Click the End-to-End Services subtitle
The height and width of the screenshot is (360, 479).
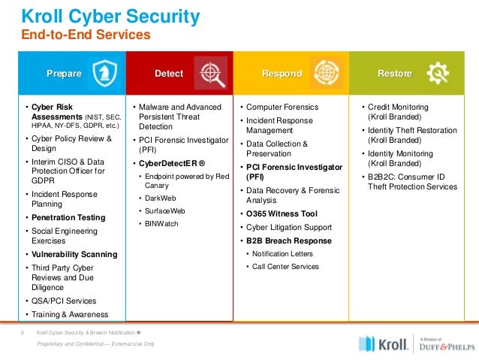pos(86,35)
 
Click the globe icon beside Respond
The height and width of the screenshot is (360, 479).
pos(327,73)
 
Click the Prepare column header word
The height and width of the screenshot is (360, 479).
pos(65,74)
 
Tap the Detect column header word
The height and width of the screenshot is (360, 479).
pos(169,74)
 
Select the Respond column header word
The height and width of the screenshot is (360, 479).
pos(282,74)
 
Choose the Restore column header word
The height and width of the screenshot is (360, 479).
pos(395,74)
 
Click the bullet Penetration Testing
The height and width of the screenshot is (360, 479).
pos(68,217)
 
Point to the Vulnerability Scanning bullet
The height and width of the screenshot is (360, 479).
pos(74,254)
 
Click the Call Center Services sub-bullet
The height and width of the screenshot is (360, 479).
pos(285,266)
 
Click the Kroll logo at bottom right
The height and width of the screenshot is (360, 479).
pos(384,343)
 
